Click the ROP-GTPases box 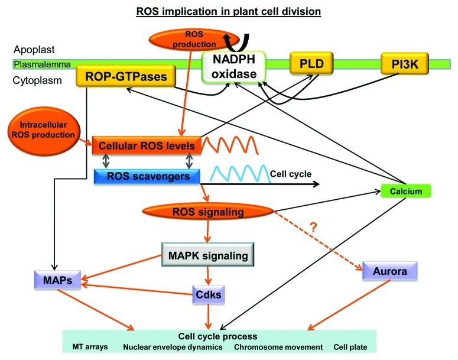click(x=121, y=76)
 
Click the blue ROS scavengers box click(x=147, y=176)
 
